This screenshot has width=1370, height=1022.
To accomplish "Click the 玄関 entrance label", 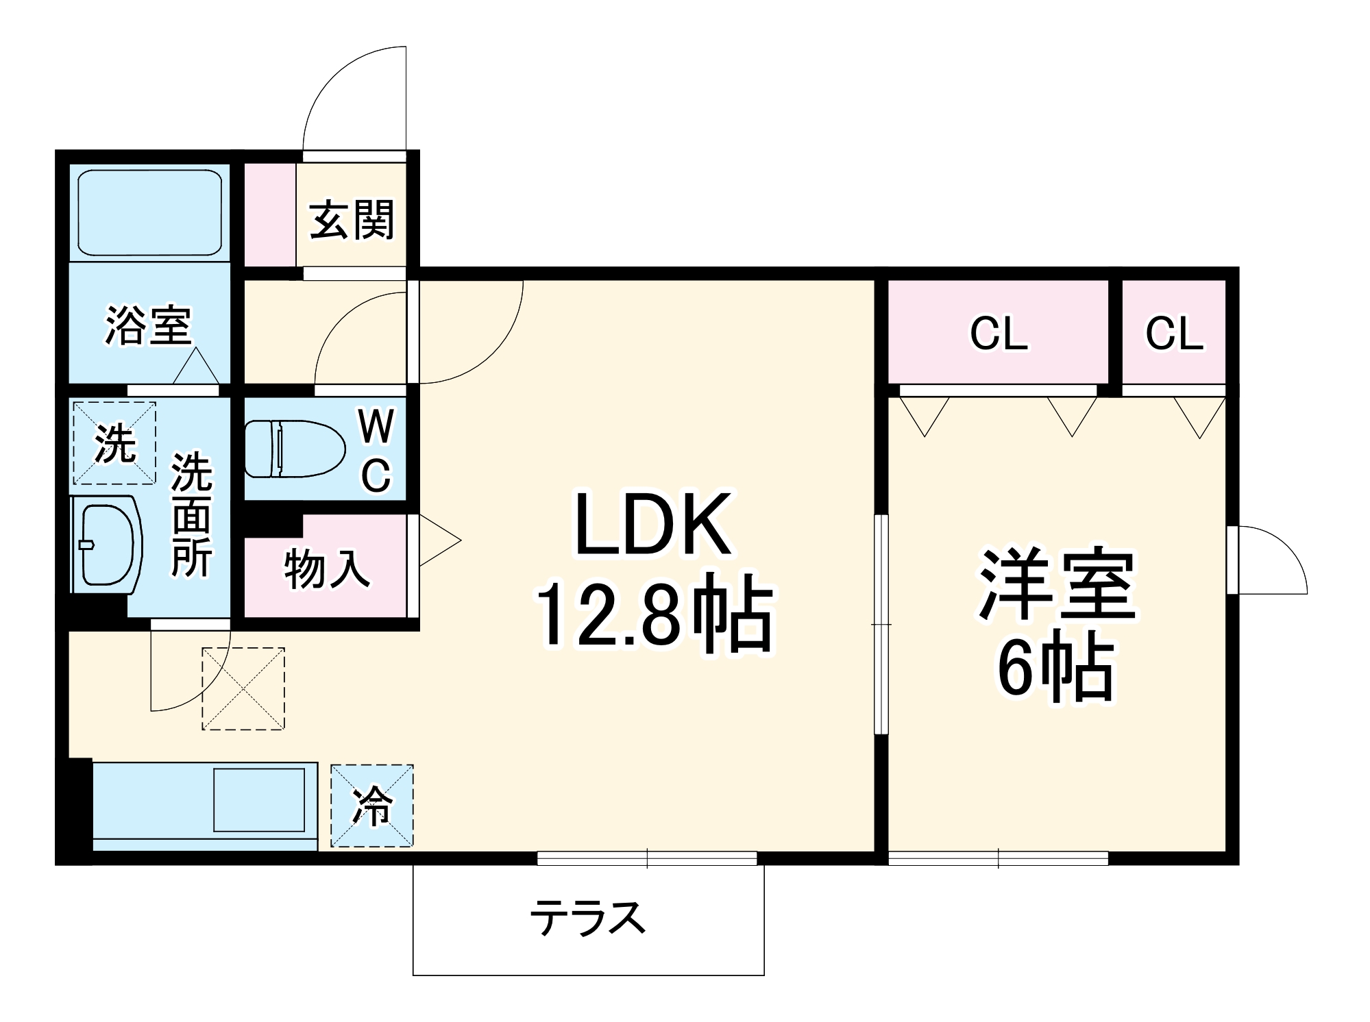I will click(352, 220).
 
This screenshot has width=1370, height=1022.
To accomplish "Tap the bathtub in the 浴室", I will click(149, 212).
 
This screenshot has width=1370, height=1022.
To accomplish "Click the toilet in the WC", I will click(293, 448).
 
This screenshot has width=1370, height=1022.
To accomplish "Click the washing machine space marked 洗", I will click(114, 443).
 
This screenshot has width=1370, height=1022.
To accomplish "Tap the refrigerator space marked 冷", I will click(372, 806).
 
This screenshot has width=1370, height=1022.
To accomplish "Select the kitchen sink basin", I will click(259, 799).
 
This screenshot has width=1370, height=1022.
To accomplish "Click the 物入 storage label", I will click(327, 569).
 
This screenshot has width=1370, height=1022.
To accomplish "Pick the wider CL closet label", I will click(999, 334).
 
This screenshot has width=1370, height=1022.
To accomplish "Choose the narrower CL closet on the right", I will click(1174, 334).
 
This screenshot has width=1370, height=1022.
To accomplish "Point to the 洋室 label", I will click(1057, 584).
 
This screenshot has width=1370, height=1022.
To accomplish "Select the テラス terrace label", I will click(588, 918).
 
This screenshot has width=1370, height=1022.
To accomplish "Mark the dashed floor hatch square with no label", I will click(243, 688).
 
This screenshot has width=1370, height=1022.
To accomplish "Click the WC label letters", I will click(376, 450).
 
